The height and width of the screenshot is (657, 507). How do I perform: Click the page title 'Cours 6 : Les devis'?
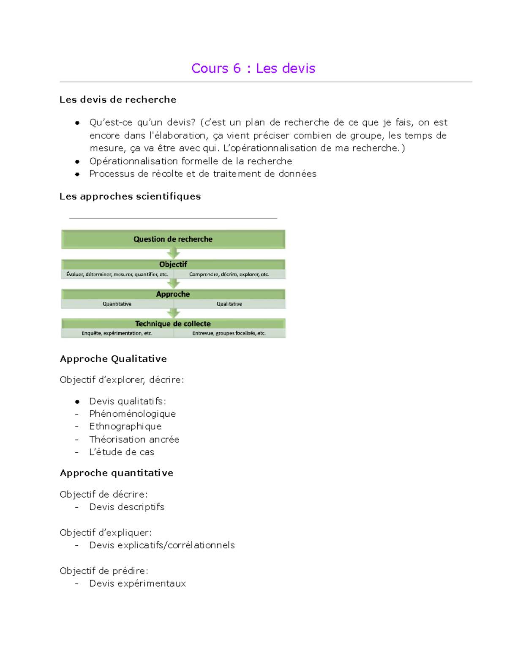pyautogui.click(x=253, y=68)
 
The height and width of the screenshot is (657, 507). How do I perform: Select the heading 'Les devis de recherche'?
pyautogui.click(x=118, y=99)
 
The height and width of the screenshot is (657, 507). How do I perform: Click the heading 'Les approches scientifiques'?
pyautogui.click(x=130, y=196)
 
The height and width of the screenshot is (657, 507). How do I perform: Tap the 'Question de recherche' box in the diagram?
pyautogui.click(x=173, y=239)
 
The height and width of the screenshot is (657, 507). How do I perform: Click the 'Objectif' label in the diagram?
pyautogui.click(x=173, y=264)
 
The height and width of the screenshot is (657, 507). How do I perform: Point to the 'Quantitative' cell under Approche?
pyautogui.click(x=117, y=304)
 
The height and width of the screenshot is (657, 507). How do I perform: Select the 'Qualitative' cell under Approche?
pyautogui.click(x=229, y=304)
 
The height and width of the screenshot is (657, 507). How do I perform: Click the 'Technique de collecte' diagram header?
pyautogui.click(x=173, y=324)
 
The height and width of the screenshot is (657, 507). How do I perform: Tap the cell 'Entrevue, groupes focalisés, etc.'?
pyautogui.click(x=229, y=333)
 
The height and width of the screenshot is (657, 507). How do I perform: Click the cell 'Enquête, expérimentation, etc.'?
pyautogui.click(x=117, y=333)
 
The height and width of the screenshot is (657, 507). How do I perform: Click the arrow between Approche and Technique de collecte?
pyautogui.click(x=173, y=313)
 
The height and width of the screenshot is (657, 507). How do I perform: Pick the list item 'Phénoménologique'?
pyautogui.click(x=132, y=414)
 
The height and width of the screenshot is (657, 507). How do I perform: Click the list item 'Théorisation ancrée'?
pyautogui.click(x=134, y=439)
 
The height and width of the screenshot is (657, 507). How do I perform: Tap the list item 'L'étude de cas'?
pyautogui.click(x=122, y=452)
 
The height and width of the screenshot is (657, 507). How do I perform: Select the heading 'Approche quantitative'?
pyautogui.click(x=117, y=473)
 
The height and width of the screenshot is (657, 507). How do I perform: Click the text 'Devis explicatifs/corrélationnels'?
pyautogui.click(x=162, y=545)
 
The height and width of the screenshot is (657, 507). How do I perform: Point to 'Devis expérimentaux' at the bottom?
pyautogui.click(x=137, y=583)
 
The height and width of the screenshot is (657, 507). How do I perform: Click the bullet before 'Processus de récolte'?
pyautogui.click(x=77, y=174)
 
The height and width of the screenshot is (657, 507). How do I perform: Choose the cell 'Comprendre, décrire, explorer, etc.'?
pyautogui.click(x=229, y=274)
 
